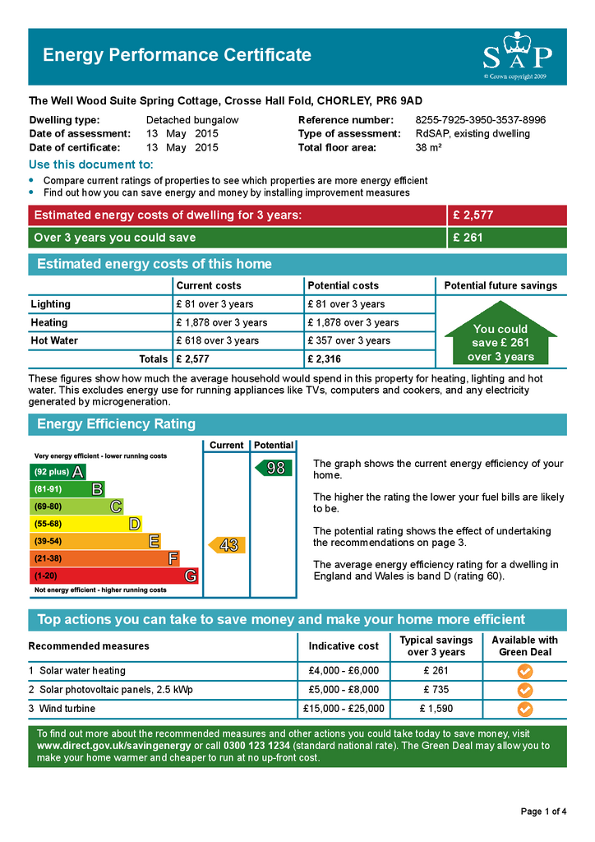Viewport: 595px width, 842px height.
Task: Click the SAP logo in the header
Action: pyautogui.click(x=517, y=55)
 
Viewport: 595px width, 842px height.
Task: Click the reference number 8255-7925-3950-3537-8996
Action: pyautogui.click(x=480, y=120)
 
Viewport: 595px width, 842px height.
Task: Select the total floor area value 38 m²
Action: pyautogui.click(x=429, y=148)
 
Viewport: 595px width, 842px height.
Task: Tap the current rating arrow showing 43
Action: pyautogui.click(x=227, y=545)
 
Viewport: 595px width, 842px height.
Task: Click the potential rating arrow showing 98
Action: pyautogui.click(x=274, y=468)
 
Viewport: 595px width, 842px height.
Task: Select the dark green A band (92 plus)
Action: pyautogui.click(x=58, y=472)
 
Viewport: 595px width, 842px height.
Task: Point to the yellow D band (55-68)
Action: pyautogui.click(x=85, y=524)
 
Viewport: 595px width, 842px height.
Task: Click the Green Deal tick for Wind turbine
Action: pyautogui.click(x=525, y=709)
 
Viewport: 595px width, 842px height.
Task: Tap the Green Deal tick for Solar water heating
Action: pyautogui.click(x=525, y=671)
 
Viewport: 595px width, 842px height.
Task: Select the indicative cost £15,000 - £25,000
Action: pyautogui.click(x=344, y=709)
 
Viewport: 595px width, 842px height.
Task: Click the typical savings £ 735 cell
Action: pyautogui.click(x=436, y=690)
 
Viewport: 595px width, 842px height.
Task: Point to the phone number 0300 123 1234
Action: pyautogui.click(x=257, y=746)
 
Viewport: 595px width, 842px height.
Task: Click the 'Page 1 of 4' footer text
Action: pyautogui.click(x=543, y=812)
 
